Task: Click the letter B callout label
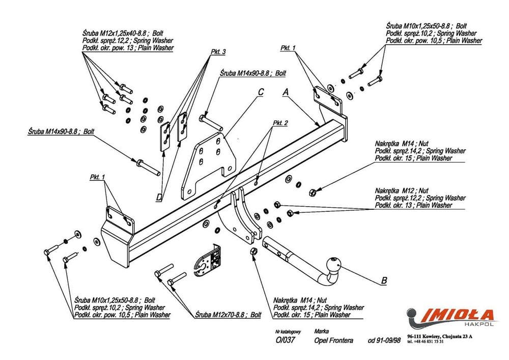point(384,280)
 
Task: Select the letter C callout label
point(260,92)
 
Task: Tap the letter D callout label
point(159,197)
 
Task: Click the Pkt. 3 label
point(218,52)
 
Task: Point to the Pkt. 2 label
point(280,123)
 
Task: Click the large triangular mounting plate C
point(209,160)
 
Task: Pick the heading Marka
point(321,330)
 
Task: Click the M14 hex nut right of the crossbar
point(313,192)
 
